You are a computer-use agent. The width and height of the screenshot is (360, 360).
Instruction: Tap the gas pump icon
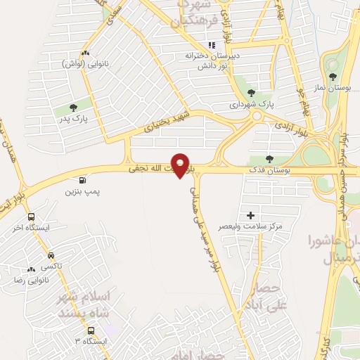pyautogui.click(x=84, y=179)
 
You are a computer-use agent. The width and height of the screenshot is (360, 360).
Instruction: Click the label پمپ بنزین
pyautogui.click(x=83, y=191)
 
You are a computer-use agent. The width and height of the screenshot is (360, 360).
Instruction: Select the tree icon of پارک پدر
pyautogui.click(x=73, y=108)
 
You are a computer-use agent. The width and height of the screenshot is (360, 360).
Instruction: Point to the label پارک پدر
pyautogui.click(x=73, y=119)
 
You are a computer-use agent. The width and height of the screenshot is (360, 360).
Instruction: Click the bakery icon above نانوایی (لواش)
pyautogui.click(x=85, y=53)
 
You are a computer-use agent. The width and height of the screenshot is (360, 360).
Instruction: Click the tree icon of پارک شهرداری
pyautogui.click(x=251, y=92)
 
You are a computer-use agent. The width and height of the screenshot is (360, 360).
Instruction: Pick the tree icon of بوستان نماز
pyautogui.click(x=333, y=76)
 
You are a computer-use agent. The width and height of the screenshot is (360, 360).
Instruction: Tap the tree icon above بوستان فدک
pyautogui.click(x=270, y=158)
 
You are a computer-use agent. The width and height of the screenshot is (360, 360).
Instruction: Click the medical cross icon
pyautogui.click(x=250, y=214)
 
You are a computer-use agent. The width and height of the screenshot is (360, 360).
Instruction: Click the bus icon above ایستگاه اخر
pyautogui.click(x=31, y=217)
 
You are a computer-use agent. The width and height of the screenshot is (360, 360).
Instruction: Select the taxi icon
pyautogui.click(x=51, y=255)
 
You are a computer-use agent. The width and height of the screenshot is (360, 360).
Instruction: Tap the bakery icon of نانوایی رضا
pyautogui.click(x=31, y=269)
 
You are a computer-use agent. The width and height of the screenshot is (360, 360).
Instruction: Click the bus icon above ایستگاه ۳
pyautogui.click(x=91, y=330)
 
